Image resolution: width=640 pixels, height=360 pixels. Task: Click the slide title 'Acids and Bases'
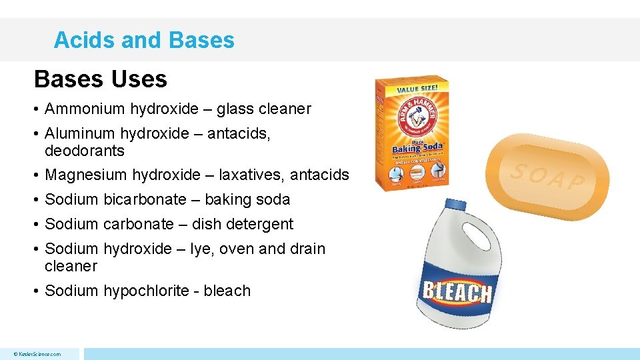tap(144, 40)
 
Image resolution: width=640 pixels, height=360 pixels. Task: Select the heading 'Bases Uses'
tap(101, 79)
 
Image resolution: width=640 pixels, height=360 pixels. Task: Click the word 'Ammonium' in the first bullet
tap(85, 109)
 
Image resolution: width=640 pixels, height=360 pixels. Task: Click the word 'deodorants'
tap(85, 151)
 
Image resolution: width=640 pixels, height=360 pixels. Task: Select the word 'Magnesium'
tap(85, 175)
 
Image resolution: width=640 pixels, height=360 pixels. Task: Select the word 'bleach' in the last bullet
tap(227, 291)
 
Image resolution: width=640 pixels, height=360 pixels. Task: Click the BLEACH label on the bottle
tap(457, 291)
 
